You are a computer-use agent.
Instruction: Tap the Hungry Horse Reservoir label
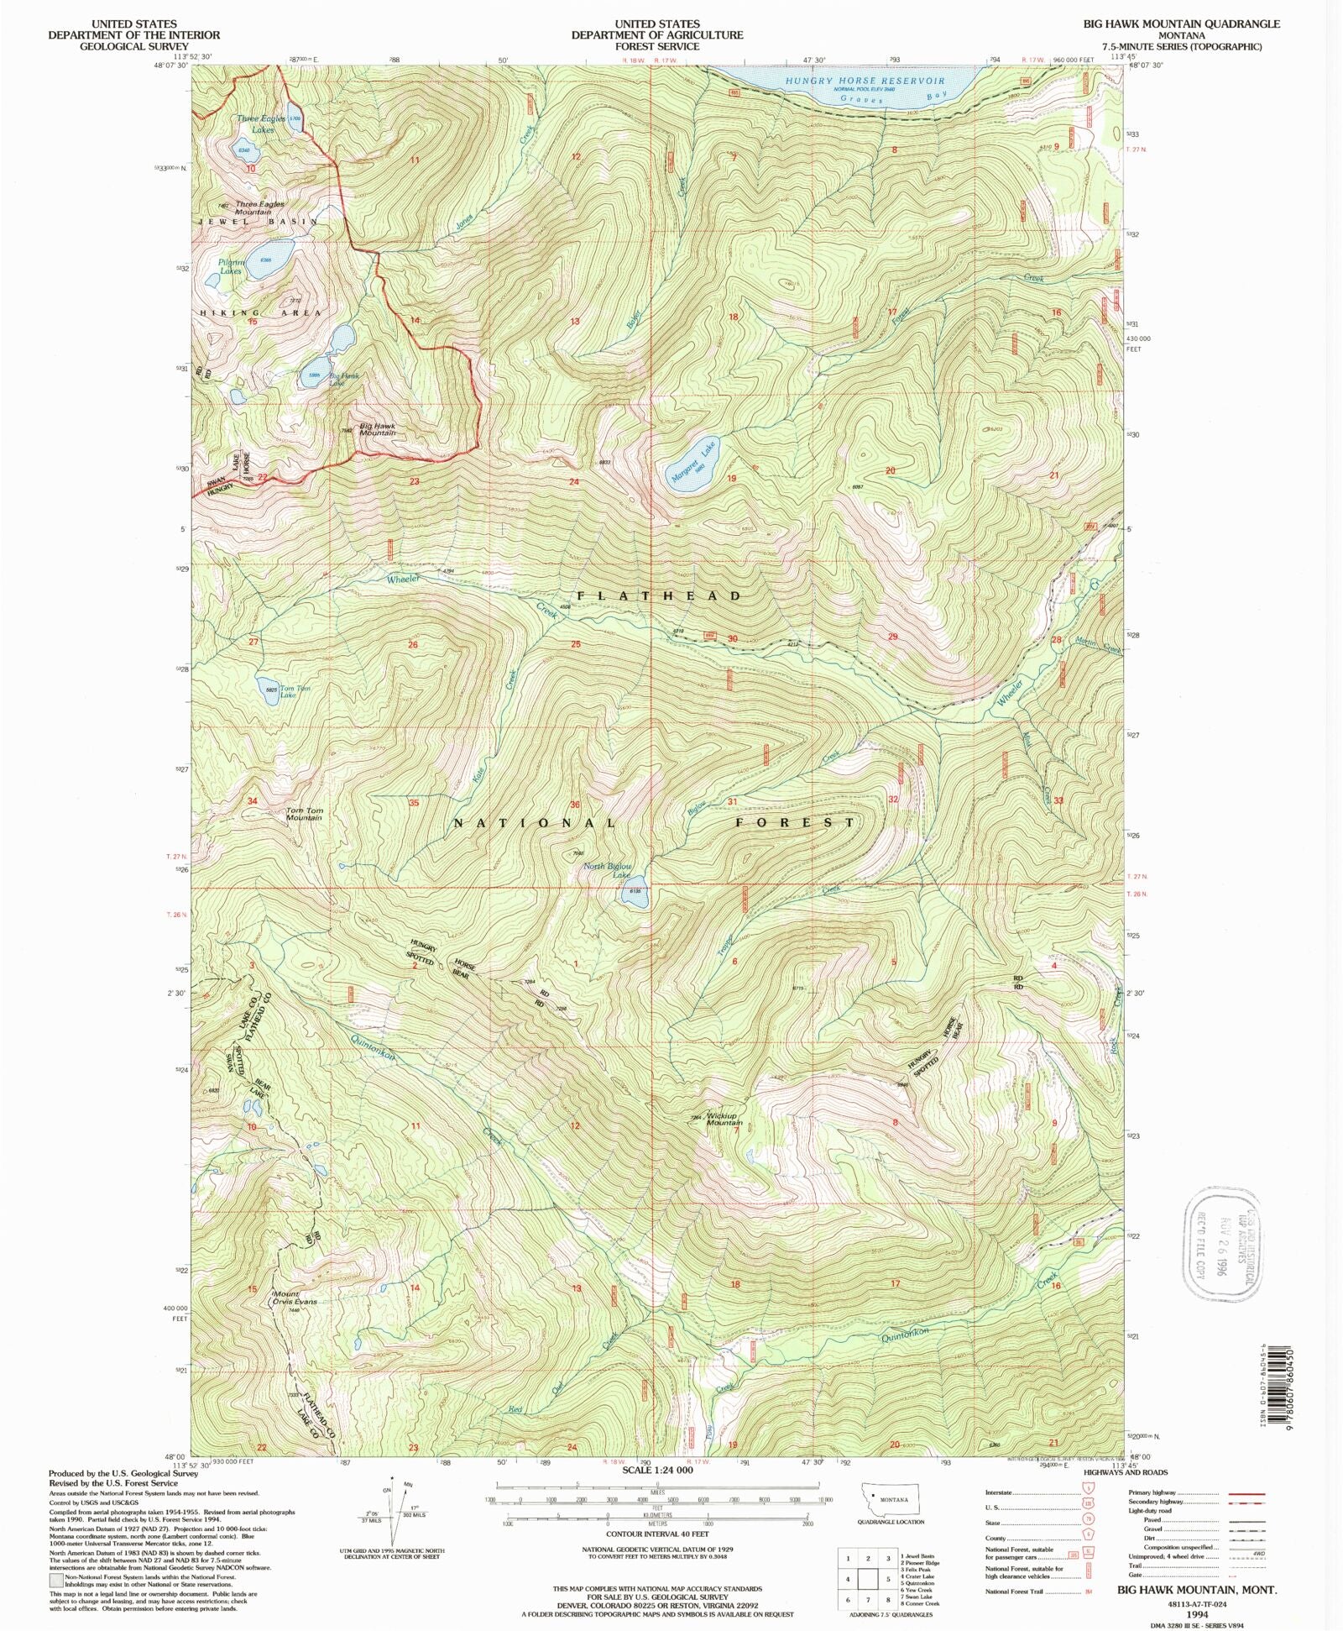point(865,81)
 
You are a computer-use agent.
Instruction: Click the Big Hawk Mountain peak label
point(377,429)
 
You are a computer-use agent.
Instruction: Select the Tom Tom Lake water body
point(266,687)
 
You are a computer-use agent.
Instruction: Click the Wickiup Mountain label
point(724,1120)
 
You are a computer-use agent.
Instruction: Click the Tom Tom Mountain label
point(304,814)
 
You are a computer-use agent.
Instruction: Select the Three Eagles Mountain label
point(259,207)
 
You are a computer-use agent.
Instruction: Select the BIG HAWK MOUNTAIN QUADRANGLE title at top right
point(1195,24)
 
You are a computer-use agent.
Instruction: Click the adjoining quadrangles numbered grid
point(867,1580)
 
